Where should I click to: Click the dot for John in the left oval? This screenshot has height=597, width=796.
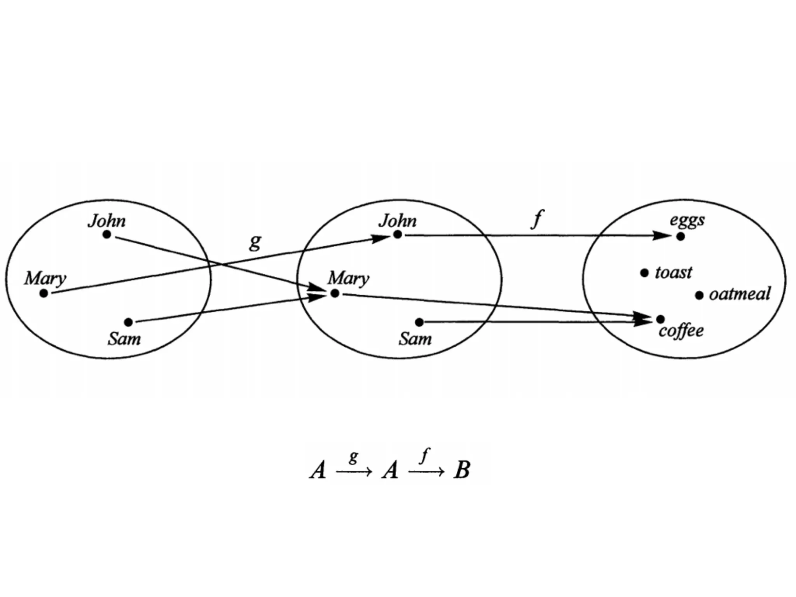click(x=107, y=234)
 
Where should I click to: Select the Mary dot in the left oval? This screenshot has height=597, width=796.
click(x=44, y=293)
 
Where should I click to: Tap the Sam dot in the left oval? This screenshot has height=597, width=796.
click(x=128, y=322)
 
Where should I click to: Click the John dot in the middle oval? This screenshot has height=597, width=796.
click(x=397, y=234)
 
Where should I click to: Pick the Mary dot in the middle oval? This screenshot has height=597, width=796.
click(x=335, y=293)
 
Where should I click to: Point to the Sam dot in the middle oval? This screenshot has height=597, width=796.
click(x=419, y=322)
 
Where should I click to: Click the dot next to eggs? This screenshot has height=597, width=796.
click(x=680, y=236)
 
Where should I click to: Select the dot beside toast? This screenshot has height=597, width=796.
click(x=644, y=273)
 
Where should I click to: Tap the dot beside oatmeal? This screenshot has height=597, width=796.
click(x=699, y=295)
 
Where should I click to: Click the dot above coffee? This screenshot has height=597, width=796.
click(x=660, y=319)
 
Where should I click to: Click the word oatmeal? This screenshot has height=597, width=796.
click(x=740, y=294)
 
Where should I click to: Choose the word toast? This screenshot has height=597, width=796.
click(x=674, y=272)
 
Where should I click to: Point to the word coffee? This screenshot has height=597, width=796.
click(x=681, y=331)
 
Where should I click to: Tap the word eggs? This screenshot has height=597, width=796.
click(x=687, y=220)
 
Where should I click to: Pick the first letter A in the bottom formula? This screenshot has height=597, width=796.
click(x=318, y=470)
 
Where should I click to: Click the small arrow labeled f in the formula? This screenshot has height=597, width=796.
click(x=426, y=472)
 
